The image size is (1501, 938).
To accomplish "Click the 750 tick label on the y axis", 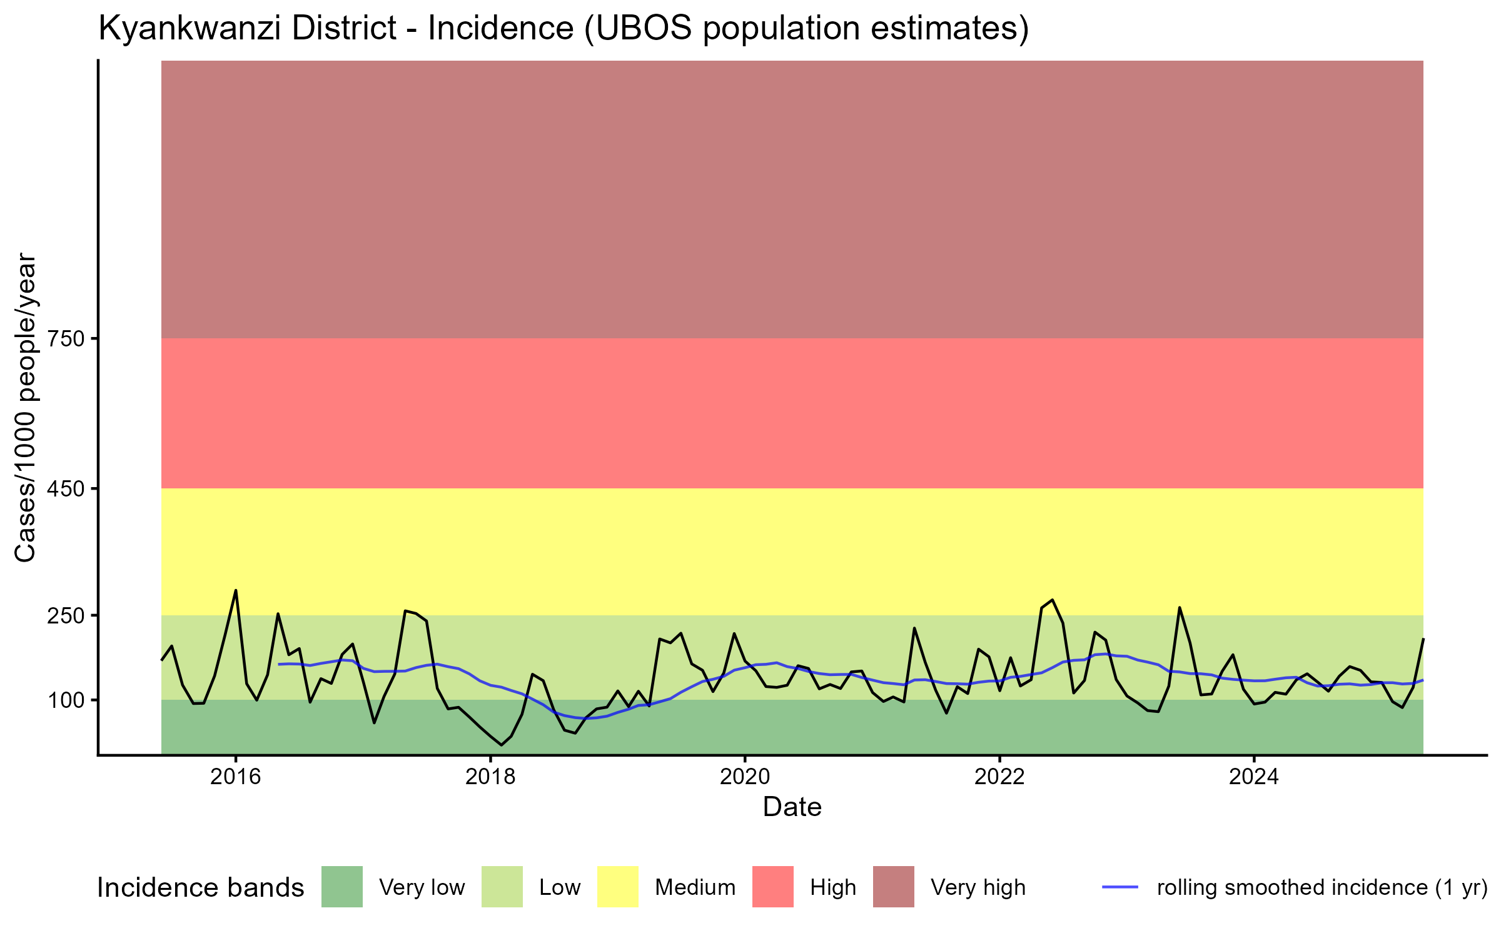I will pyautogui.click(x=66, y=339).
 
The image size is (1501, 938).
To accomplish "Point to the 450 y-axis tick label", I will pyautogui.click(x=66, y=489).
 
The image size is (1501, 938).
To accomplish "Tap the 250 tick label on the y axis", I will pyautogui.click(x=66, y=616).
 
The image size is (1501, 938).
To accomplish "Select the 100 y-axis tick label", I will pyautogui.click(x=66, y=700).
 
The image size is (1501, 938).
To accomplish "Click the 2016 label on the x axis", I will pyautogui.click(x=236, y=777).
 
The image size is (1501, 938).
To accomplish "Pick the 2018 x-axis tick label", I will pyautogui.click(x=490, y=777).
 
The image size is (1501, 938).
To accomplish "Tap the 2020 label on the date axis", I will pyautogui.click(x=745, y=777).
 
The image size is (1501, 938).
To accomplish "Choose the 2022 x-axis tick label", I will pyautogui.click(x=999, y=777).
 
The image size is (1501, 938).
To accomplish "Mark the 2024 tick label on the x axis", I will pyautogui.click(x=1254, y=777).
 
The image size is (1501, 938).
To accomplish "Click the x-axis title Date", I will pyautogui.click(x=792, y=807).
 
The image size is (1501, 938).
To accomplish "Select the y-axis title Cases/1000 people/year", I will pyautogui.click(x=26, y=407).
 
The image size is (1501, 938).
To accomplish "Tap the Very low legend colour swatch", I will pyautogui.click(x=342, y=887).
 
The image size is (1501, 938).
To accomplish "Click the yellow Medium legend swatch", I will pyautogui.click(x=618, y=887).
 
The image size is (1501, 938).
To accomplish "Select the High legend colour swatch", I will pyautogui.click(x=773, y=887).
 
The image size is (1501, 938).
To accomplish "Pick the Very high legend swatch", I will pyautogui.click(x=894, y=887).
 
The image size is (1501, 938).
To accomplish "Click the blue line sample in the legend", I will pyautogui.click(x=1119, y=887).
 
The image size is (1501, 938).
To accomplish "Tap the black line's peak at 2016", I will pyautogui.click(x=236, y=590).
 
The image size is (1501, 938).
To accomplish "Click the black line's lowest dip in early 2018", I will pyautogui.click(x=501, y=745).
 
